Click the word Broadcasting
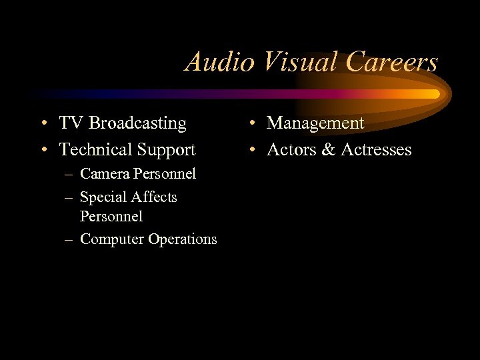pyautogui.click(x=138, y=123)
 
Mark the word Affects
pyautogui.click(x=155, y=197)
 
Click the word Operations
pyautogui.click(x=183, y=239)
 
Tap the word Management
pyautogui.click(x=315, y=123)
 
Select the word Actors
pyautogui.click(x=291, y=150)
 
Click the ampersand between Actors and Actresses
pyautogui.click(x=328, y=150)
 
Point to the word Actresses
pyautogui.click(x=376, y=150)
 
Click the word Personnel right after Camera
pyautogui.click(x=165, y=174)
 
